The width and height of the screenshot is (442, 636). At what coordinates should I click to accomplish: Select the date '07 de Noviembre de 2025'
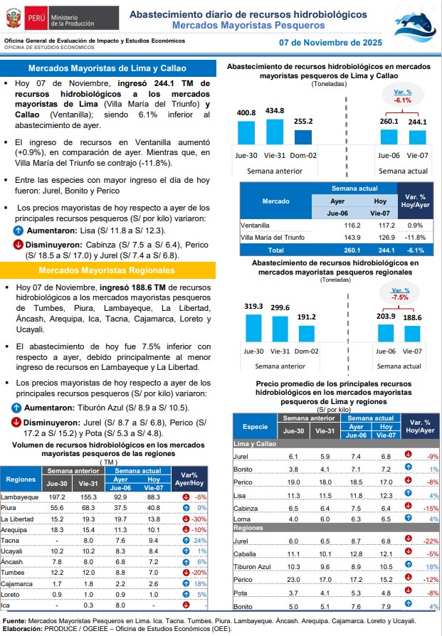click(330, 43)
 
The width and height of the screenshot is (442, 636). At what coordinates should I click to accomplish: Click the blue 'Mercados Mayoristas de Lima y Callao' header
click(109, 68)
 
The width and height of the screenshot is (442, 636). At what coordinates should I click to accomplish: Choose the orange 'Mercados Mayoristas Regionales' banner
click(109, 270)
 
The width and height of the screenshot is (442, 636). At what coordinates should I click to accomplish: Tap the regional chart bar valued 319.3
click(254, 327)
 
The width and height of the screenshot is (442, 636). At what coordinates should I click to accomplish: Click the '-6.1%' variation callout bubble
click(403, 96)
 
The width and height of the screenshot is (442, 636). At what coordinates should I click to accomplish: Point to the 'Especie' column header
click(256, 426)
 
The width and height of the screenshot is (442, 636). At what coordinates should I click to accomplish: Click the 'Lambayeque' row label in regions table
click(20, 497)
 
